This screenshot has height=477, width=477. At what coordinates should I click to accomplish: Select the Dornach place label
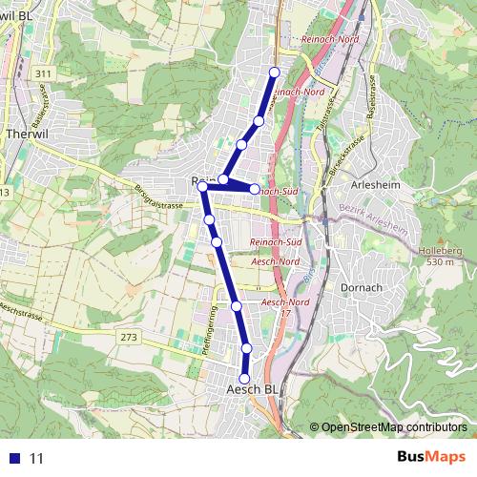[361, 285]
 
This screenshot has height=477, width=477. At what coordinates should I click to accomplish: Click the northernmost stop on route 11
[275, 73]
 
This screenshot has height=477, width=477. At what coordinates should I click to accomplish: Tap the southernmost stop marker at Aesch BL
[244, 379]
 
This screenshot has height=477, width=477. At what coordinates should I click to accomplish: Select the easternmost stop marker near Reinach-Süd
[254, 189]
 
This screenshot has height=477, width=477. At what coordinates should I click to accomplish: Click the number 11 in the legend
[37, 458]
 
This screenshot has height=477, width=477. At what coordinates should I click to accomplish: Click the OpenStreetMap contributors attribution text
[394, 427]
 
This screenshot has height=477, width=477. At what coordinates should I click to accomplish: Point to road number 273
[129, 337]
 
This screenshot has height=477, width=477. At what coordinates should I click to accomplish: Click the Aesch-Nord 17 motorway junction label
[283, 308]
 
